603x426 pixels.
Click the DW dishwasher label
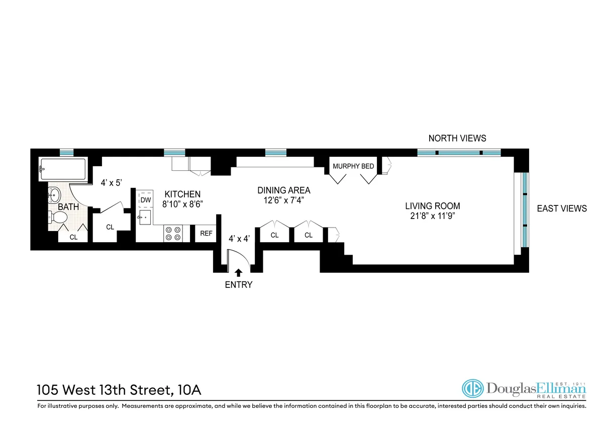point(145,200)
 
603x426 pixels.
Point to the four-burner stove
point(173,234)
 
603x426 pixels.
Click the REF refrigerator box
point(206,234)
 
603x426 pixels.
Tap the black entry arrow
point(238,273)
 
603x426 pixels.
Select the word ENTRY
point(238,285)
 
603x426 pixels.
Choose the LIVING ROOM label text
point(433,206)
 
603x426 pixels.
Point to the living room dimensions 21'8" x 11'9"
point(433,217)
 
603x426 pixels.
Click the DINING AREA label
point(283,190)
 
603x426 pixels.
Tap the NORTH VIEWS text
point(457,138)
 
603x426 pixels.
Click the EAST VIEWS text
point(562,208)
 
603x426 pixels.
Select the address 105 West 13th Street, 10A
point(120,390)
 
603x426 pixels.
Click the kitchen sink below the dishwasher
point(145,218)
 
